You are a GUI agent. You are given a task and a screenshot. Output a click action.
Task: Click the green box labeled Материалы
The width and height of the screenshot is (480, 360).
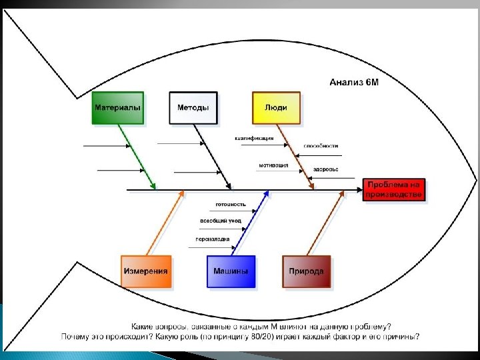117,107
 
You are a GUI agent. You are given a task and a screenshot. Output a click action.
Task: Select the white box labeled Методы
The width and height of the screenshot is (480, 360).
193,107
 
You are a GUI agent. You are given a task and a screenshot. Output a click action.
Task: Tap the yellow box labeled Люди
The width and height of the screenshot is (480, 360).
276,107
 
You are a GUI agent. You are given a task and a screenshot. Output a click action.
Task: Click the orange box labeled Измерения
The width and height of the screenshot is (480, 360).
145,271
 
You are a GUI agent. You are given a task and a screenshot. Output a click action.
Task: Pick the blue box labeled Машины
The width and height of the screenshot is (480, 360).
231,271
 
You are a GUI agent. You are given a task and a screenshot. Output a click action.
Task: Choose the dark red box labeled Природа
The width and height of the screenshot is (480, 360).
306,271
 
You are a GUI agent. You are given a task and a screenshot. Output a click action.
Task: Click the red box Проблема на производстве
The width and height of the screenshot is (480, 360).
393,190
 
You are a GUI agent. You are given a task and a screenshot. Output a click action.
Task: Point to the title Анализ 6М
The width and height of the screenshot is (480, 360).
354,83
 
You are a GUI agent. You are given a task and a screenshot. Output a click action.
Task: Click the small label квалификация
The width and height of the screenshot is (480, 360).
254,139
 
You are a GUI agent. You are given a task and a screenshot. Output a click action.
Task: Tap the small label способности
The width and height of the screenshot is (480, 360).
321,145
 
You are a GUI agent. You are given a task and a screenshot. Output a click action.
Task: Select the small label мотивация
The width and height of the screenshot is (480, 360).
273,165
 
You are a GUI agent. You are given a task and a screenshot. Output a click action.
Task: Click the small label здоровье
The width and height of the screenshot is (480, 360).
326,169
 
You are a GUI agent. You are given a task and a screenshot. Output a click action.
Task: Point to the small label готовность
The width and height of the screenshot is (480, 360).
231,204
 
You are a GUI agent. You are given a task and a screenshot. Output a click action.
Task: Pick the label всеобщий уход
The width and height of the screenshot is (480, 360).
221,221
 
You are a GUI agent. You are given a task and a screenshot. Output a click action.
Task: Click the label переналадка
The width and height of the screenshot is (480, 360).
213,239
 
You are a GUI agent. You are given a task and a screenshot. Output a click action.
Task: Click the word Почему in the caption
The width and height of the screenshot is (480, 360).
75,337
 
